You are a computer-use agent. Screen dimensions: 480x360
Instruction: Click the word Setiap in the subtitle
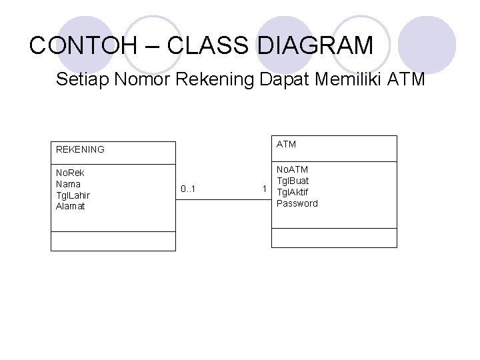pos(83,81)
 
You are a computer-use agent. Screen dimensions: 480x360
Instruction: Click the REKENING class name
pos(80,149)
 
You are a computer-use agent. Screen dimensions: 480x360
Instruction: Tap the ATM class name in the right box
pos(286,144)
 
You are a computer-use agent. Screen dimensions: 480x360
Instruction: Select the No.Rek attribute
pos(71,173)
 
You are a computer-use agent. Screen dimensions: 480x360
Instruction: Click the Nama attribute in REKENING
pos(68,184)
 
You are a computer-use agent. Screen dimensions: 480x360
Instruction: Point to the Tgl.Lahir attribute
pos(73,195)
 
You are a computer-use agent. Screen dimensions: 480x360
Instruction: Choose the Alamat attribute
pos(70,206)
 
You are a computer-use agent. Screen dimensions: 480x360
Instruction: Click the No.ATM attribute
pos(292,169)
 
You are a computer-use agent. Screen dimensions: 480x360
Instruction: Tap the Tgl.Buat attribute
pos(293,181)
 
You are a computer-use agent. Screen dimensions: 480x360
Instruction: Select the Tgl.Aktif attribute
pos(293,192)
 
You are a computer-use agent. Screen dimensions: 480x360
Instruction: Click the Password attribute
pos(297,203)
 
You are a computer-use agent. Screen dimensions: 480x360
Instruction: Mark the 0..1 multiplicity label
pos(189,190)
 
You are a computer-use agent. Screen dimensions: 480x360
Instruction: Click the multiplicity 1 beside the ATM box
pos(265,189)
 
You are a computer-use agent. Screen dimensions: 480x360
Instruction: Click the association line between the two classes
pos(223,199)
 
